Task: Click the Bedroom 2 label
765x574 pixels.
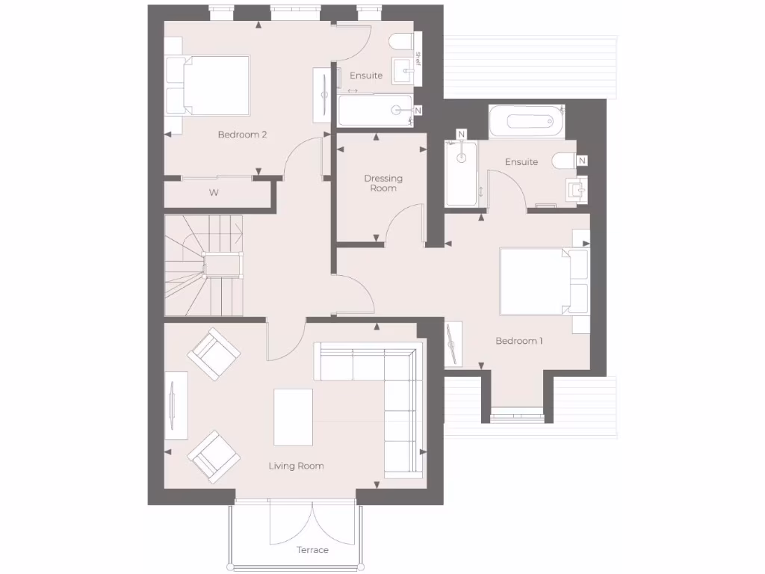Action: click(242, 135)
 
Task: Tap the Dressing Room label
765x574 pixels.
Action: click(383, 183)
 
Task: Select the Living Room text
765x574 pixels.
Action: click(296, 466)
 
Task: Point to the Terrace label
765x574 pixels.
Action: click(312, 550)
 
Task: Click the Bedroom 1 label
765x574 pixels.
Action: click(519, 341)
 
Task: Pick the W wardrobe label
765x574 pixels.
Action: click(214, 193)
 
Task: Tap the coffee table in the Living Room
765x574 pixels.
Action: click(293, 416)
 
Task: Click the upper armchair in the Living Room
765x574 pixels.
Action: click(214, 354)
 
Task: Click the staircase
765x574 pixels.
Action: click(203, 266)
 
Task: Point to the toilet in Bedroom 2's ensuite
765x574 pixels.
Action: click(402, 42)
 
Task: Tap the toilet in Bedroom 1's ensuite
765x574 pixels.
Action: click(563, 161)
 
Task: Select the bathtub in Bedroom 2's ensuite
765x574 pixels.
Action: click(375, 111)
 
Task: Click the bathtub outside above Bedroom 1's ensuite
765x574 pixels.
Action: click(526, 120)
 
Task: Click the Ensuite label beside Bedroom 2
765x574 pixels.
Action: click(366, 75)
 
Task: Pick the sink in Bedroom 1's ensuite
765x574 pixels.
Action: click(577, 190)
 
